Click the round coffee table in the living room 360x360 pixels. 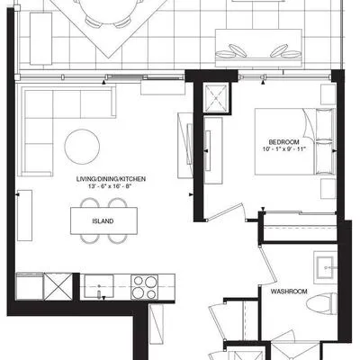83,145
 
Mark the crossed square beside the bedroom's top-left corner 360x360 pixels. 216,99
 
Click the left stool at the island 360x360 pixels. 89,238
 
